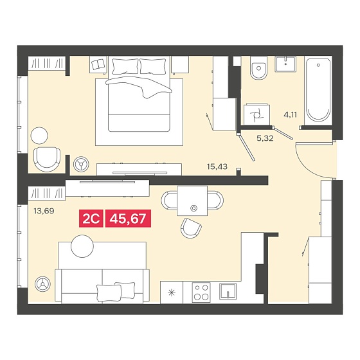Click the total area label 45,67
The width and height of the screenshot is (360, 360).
[x=128, y=219]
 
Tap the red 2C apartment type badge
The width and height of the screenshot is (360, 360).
[x=91, y=219]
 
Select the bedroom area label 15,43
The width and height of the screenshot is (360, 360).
[x=217, y=166]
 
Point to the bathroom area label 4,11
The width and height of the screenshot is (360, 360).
[x=290, y=114]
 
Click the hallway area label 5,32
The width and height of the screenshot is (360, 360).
[x=265, y=138]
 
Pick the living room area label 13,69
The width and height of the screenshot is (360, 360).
[x=44, y=211]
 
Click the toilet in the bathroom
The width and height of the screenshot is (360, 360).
[x=258, y=67]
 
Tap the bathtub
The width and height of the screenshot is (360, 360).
[x=318, y=91]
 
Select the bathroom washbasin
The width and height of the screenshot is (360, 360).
[x=285, y=64]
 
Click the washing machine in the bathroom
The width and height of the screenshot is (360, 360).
[x=257, y=114]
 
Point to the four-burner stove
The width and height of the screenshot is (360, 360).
[x=201, y=292]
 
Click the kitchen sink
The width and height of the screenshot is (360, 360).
[x=228, y=291]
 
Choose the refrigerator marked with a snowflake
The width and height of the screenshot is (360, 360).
[x=172, y=292]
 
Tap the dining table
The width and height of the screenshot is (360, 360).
[x=192, y=201]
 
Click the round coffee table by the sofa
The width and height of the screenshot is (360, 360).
[x=82, y=246]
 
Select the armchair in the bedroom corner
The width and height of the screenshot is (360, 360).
[x=47, y=159]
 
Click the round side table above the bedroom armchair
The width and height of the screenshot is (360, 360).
[x=39, y=136]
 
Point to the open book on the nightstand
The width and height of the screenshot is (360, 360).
[x=98, y=64]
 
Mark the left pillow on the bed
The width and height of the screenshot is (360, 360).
[x=125, y=66]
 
